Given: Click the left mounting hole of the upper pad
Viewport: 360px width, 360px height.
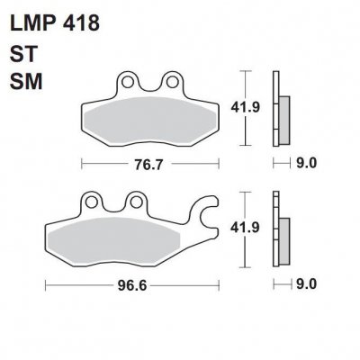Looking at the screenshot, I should point(130,82).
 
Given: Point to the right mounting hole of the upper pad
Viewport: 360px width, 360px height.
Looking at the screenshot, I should point(169,82).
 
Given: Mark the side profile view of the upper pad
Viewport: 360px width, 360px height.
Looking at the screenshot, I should point(283,108).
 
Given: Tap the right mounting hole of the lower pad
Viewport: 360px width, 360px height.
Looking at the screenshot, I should point(137,201).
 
